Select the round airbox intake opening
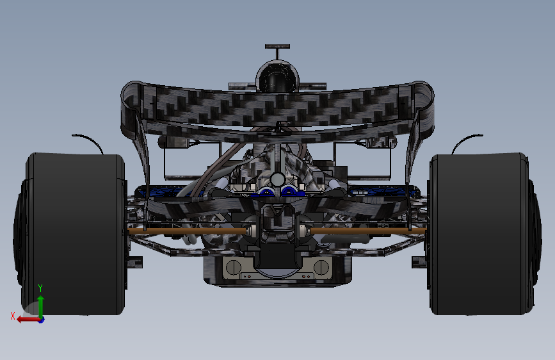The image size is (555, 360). (x=277, y=79)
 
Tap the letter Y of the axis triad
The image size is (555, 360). (x=40, y=288)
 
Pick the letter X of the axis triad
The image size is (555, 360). (x=12, y=315)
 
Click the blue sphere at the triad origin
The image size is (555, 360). (x=41, y=319)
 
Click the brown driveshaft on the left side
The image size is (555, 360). (x=186, y=231)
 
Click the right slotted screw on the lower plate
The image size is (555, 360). (x=322, y=266)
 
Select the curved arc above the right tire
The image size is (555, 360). (x=466, y=142)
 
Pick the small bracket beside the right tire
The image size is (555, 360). (x=419, y=262)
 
